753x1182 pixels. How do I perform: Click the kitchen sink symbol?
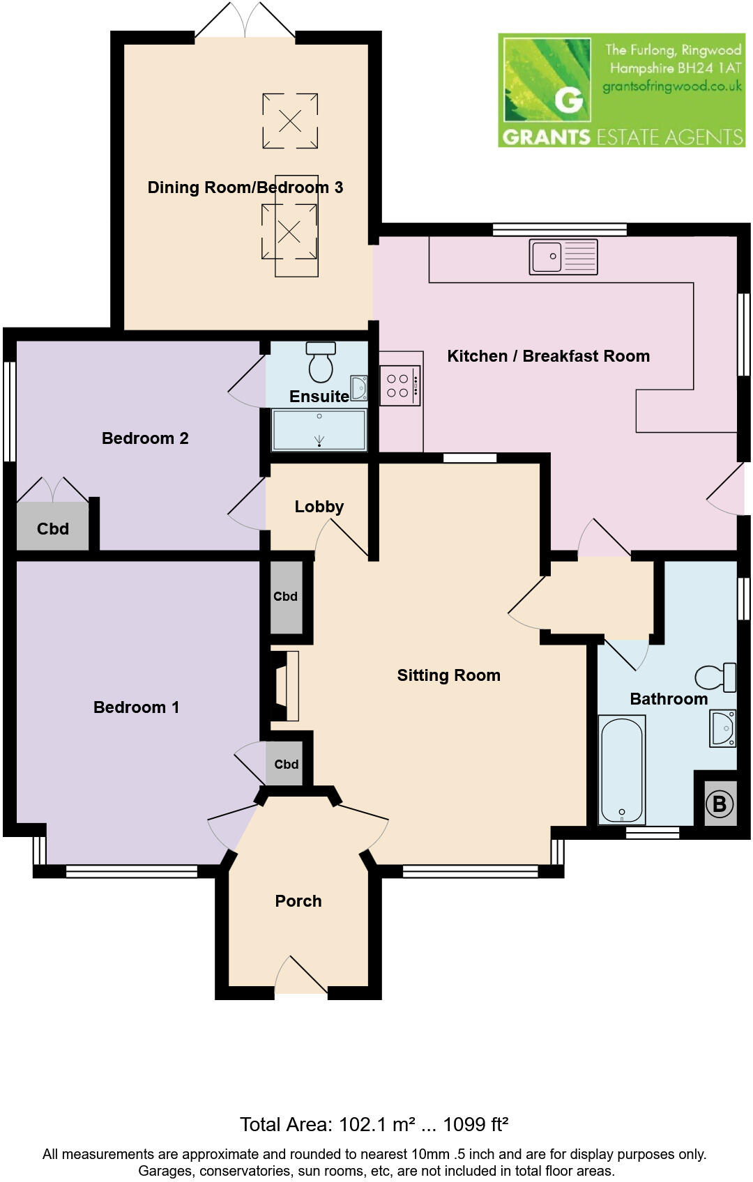pos(563,256)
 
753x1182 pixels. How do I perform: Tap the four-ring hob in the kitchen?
pos(400,385)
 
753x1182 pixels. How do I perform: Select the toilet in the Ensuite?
pos(321,362)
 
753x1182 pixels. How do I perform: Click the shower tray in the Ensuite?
pos(319,429)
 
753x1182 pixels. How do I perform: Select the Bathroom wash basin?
pos(723,728)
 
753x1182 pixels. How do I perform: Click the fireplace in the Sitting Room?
pos(285,686)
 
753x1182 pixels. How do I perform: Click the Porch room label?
pos(298,901)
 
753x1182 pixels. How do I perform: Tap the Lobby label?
pos(319,507)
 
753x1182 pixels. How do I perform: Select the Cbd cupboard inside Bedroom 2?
pos(53,528)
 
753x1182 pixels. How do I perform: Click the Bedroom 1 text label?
pos(136,707)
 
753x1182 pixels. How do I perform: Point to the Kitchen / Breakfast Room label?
pos(548,356)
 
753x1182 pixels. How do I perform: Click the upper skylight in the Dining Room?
pos(290,121)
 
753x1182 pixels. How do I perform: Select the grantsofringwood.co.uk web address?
pos(671,87)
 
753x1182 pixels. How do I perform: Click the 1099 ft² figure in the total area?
pos(476,1124)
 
